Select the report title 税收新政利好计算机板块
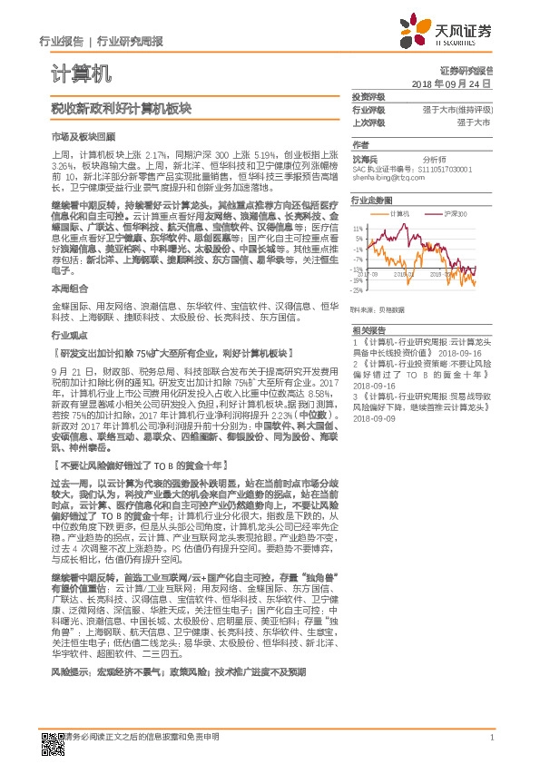[122, 108]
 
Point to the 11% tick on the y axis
[358, 228]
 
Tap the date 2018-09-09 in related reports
[373, 419]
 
